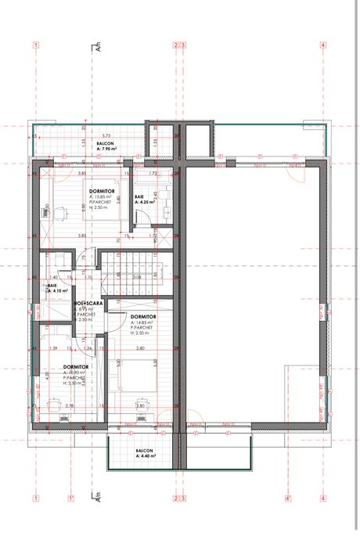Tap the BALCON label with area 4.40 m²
[143, 452]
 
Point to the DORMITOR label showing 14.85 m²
[143, 316]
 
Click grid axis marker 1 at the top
[36, 45]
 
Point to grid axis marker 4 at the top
[322, 45]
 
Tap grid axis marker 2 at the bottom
[177, 498]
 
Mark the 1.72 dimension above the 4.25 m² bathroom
[154, 172]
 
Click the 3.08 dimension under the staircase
[138, 276]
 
